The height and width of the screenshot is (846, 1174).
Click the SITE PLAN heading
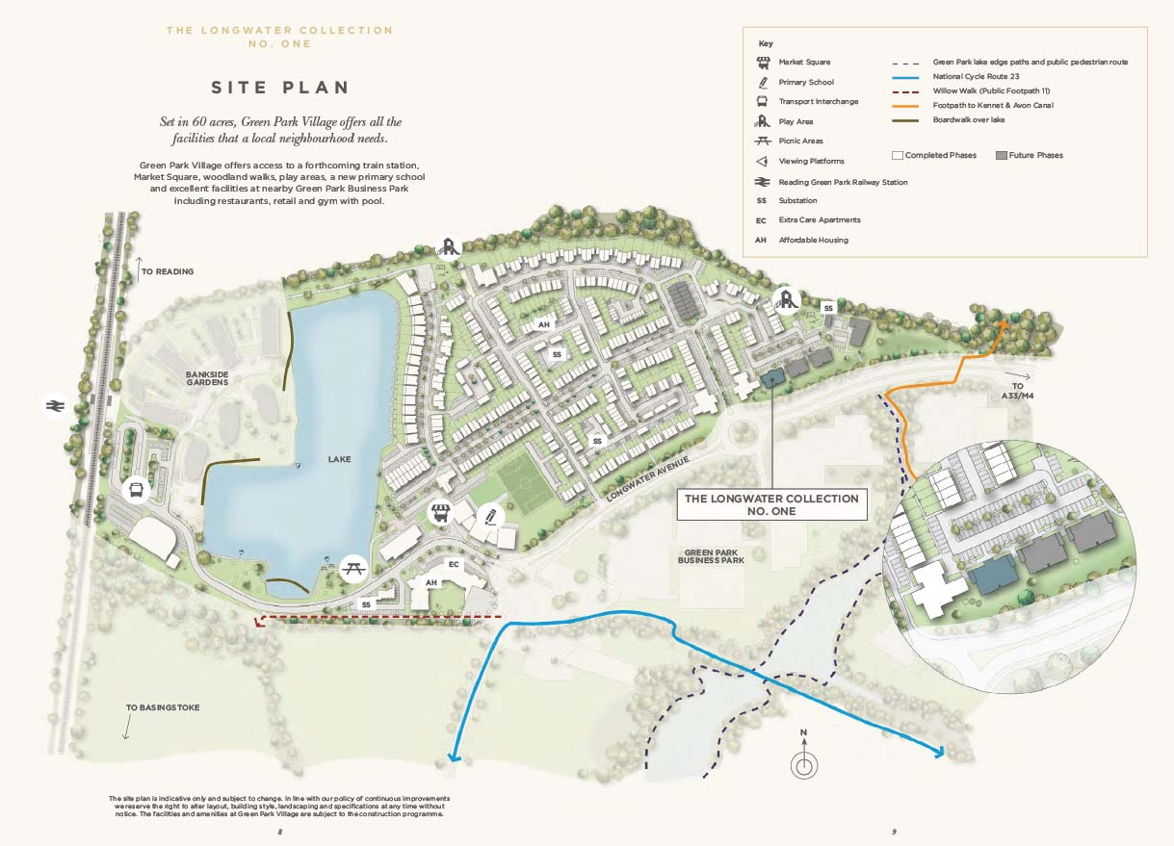[x=280, y=88]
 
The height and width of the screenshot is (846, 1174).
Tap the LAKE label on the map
[x=339, y=459]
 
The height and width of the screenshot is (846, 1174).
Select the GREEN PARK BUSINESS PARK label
[x=712, y=555]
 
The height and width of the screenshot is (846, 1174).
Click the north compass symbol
[x=804, y=765]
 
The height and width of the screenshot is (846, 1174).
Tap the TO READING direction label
[x=168, y=272]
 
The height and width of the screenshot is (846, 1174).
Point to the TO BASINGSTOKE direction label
[x=163, y=707]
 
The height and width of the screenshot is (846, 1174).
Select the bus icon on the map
[x=137, y=491]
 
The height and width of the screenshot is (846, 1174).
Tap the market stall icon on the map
[x=441, y=513]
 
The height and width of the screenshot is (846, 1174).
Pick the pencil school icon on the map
[x=489, y=516]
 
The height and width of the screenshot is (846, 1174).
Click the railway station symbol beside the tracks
[x=55, y=407]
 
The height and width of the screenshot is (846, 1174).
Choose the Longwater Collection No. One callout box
[x=770, y=504]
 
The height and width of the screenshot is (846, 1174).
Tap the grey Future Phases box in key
[x=1001, y=155]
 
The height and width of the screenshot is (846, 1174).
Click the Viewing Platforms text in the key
[x=811, y=161]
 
